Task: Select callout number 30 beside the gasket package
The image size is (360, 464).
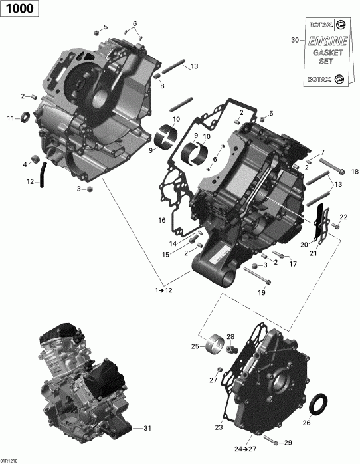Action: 295,41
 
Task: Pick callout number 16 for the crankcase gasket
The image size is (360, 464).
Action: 161,219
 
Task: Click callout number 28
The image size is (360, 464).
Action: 230,336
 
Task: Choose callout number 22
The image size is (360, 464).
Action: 343,217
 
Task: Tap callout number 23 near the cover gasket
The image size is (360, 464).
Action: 219,427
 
